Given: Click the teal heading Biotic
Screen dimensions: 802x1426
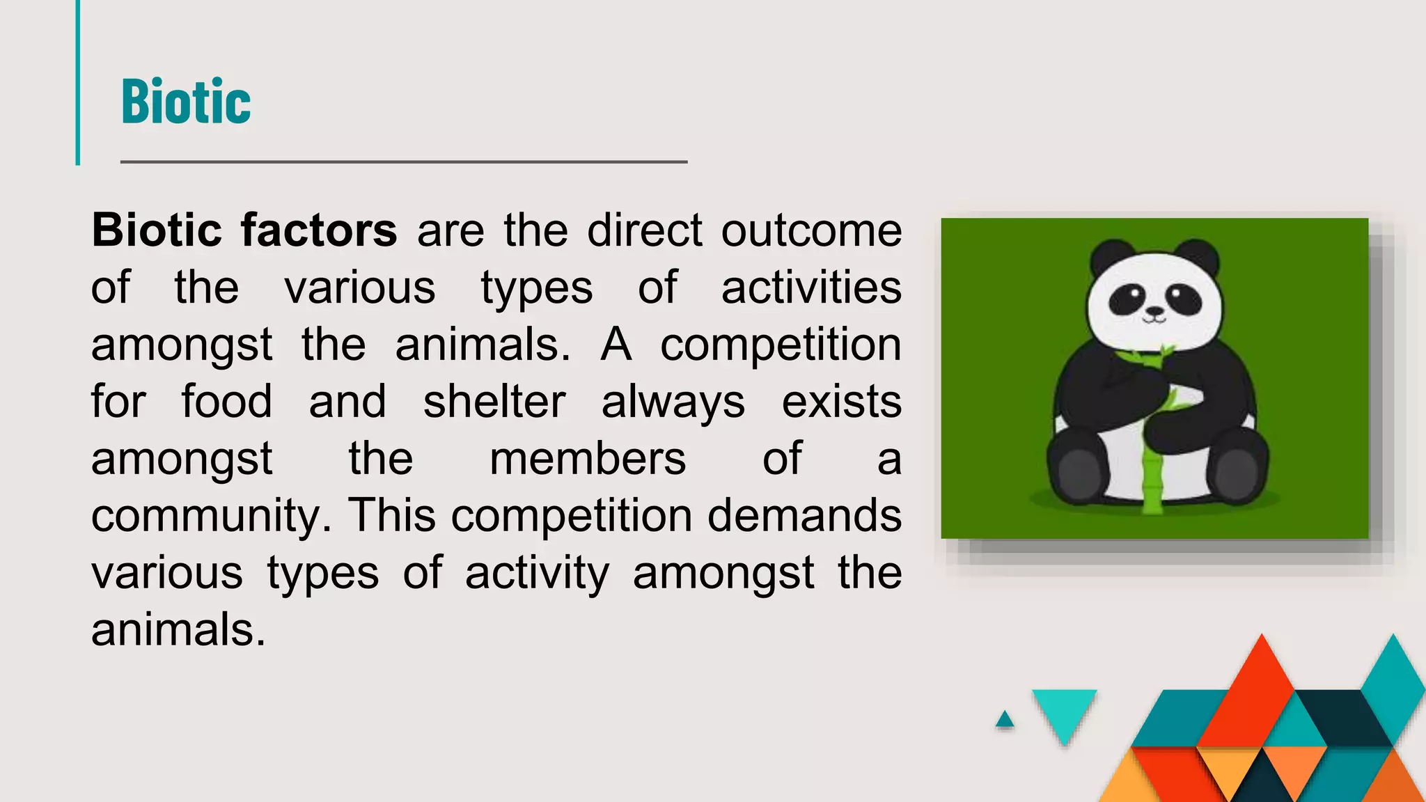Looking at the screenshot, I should coord(186,102).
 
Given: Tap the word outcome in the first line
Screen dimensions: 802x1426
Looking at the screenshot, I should coord(811,230).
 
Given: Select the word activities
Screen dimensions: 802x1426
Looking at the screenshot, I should coord(811,288).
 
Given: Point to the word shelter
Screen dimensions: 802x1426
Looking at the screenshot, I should coord(494,402).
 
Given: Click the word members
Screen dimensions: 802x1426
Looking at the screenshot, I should coord(588,459).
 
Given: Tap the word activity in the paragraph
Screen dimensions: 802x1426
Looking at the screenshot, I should coord(537,574).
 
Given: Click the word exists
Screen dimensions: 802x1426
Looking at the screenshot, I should coord(841,402).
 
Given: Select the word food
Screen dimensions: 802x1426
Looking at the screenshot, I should coord(226,402).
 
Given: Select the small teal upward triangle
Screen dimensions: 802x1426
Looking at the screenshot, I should coord(1005,721).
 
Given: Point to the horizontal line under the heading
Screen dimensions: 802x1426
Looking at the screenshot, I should coord(404,162).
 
